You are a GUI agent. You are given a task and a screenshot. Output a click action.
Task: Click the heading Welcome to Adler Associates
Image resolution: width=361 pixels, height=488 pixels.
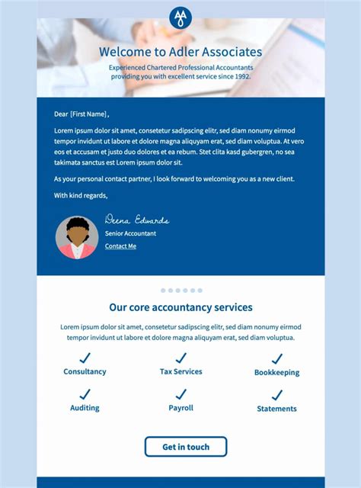click(x=180, y=53)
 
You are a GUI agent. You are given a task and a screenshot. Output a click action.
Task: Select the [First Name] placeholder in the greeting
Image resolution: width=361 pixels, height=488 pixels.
click(x=89, y=114)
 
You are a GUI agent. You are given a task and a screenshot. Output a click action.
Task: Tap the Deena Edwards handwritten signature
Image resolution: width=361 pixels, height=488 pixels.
click(x=136, y=220)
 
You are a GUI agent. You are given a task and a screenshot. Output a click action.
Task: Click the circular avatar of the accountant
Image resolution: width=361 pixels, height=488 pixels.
click(x=77, y=237)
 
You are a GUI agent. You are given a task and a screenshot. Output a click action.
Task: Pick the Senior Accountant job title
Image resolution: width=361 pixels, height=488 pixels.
click(x=130, y=233)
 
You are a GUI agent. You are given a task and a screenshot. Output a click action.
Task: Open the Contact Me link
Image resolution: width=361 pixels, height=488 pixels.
click(x=120, y=246)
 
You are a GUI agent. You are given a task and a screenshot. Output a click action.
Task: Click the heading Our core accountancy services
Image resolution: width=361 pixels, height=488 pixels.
click(x=180, y=307)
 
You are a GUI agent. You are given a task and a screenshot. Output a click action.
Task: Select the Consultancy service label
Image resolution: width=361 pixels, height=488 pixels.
click(x=85, y=371)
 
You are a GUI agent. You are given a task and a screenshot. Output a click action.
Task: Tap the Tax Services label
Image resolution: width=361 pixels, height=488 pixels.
click(x=180, y=371)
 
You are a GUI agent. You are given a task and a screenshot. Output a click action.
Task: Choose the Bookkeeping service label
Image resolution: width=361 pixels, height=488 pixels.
click(x=276, y=373)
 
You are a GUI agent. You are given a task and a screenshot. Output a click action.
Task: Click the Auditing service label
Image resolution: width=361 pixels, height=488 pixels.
click(x=85, y=408)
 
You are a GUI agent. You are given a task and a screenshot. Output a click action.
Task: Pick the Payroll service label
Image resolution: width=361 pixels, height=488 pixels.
click(x=180, y=408)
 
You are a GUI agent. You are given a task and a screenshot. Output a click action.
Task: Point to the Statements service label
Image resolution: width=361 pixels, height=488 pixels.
click(x=276, y=409)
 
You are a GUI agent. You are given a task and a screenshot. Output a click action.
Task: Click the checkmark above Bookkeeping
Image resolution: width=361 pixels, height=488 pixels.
click(x=276, y=358)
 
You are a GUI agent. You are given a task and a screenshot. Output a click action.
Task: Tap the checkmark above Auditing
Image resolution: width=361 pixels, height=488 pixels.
click(x=85, y=393)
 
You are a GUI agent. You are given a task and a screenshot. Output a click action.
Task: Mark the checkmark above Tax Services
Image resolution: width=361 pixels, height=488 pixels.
click(x=180, y=357)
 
